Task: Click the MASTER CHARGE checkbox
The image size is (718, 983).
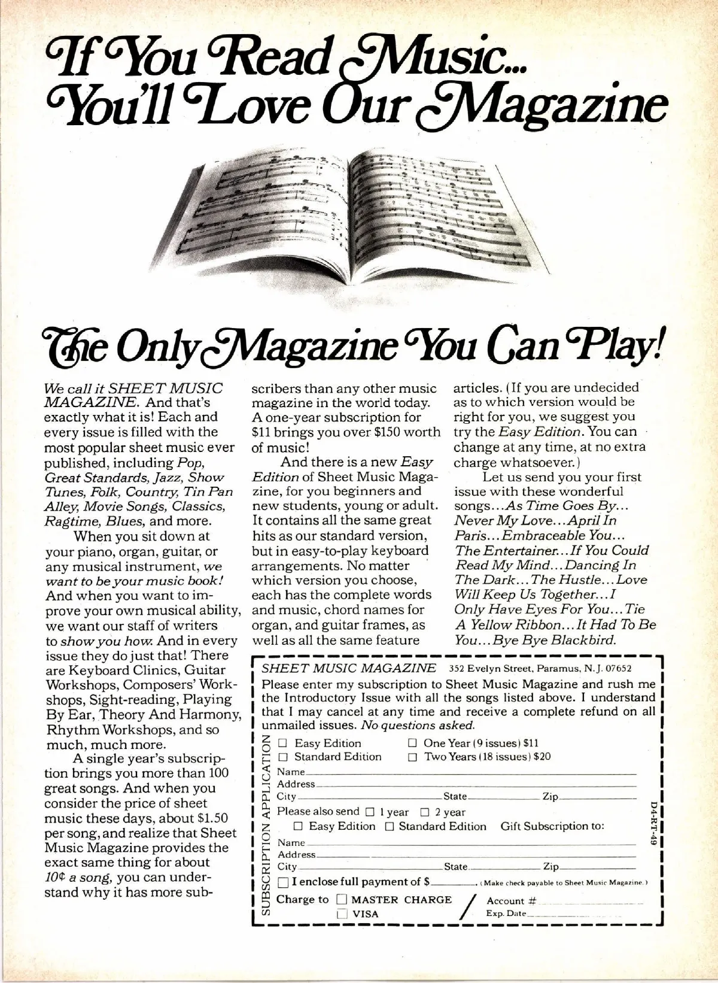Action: point(342,899)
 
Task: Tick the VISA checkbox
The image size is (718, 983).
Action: point(342,914)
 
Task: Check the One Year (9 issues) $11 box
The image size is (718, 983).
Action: point(412,743)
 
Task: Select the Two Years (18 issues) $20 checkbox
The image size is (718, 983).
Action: point(412,757)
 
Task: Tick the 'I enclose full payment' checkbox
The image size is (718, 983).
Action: point(283,882)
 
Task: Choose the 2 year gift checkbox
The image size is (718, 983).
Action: point(425,812)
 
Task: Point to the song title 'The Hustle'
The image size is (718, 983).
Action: point(578,580)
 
